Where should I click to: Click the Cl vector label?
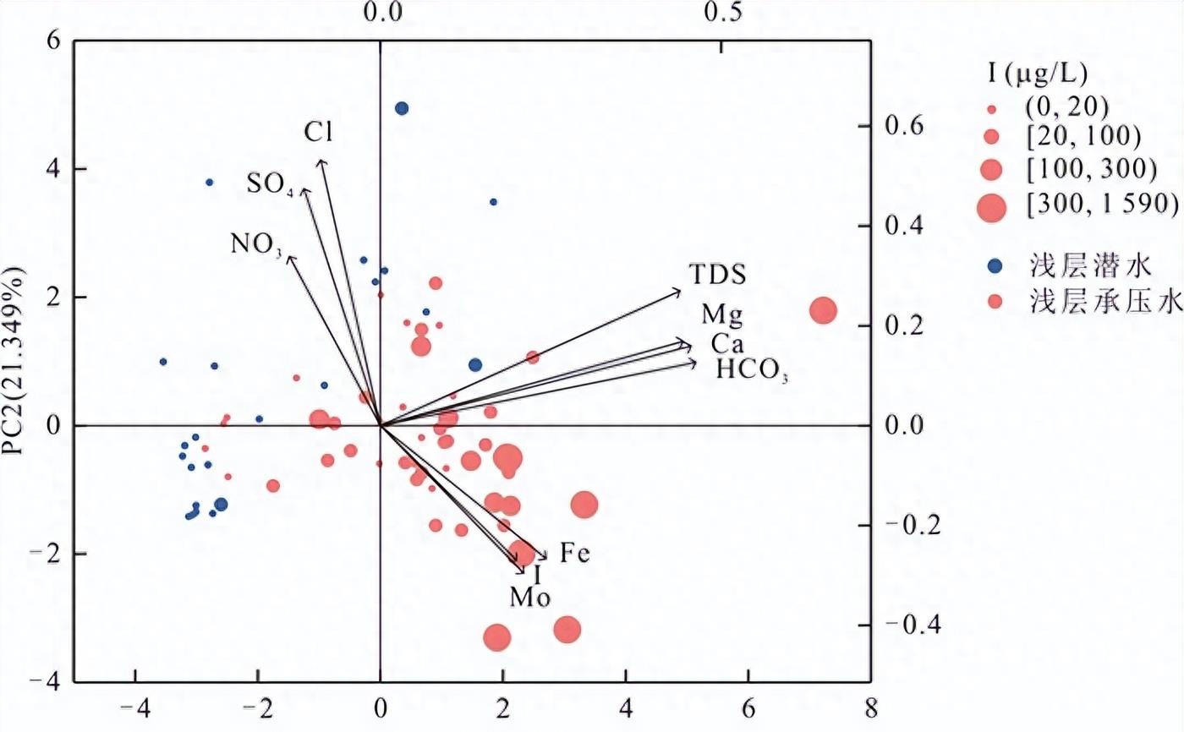pyautogui.click(x=319, y=132)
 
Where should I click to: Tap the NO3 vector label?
pyautogui.click(x=255, y=245)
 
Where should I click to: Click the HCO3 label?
pyautogui.click(x=752, y=370)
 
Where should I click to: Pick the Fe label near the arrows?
pyautogui.click(x=575, y=554)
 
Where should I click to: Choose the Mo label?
pyautogui.click(x=530, y=598)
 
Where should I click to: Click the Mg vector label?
pyautogui.click(x=721, y=316)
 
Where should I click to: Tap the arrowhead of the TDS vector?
pyautogui.click(x=680, y=292)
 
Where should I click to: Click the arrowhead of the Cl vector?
pyautogui.click(x=321, y=161)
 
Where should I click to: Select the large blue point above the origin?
pyautogui.click(x=402, y=108)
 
